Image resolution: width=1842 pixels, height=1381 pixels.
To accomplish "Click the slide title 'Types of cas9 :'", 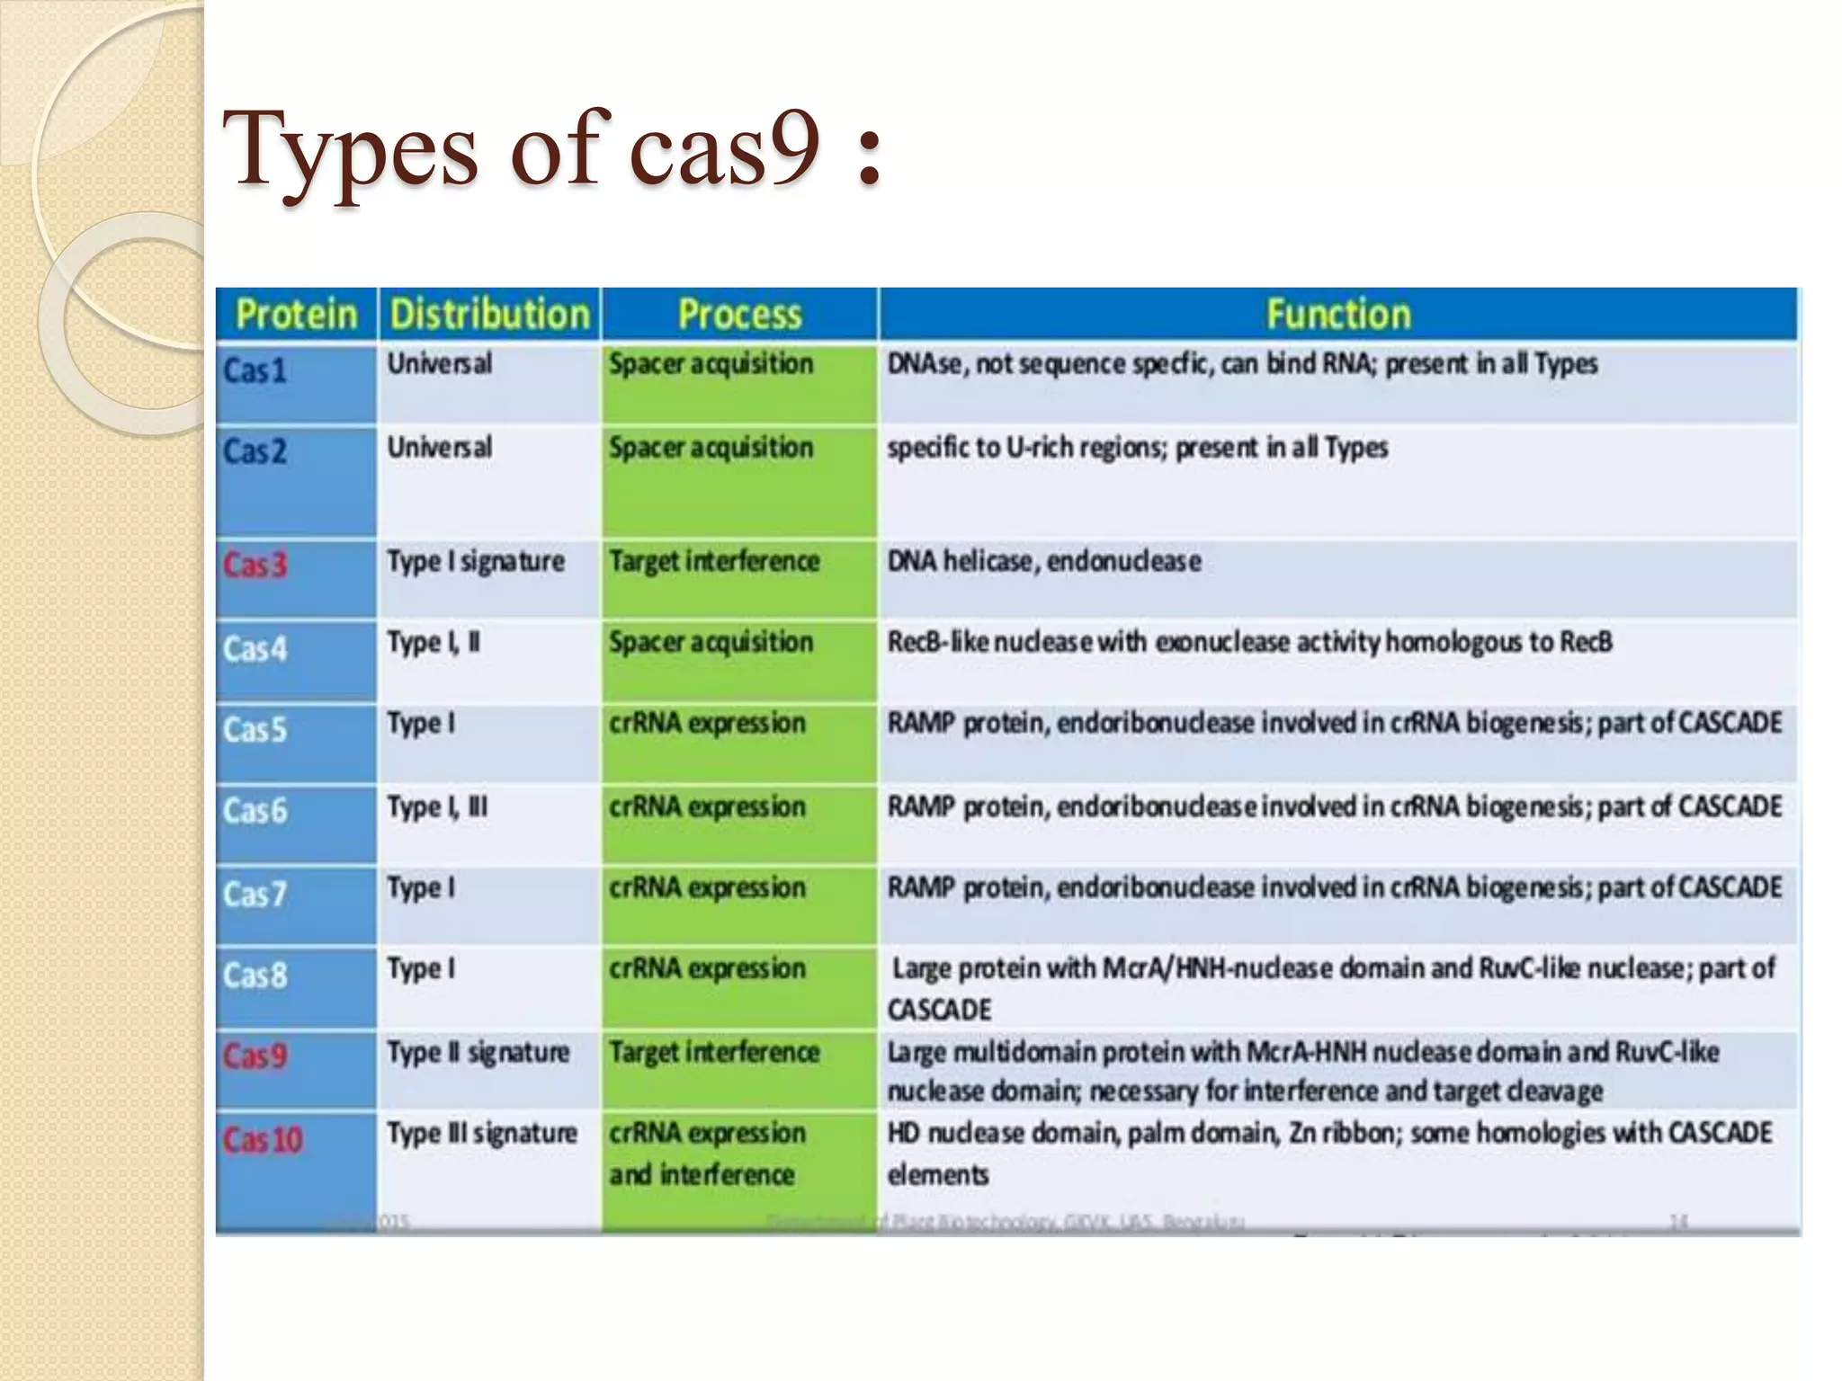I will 550,148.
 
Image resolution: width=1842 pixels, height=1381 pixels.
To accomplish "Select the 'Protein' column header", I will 296,315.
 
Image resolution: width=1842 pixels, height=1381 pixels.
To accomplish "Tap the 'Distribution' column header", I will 489,315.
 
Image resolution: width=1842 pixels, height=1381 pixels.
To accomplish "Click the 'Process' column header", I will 739,315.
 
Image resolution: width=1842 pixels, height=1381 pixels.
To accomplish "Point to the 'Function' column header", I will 1338,315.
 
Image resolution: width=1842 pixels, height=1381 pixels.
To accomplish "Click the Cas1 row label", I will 255,370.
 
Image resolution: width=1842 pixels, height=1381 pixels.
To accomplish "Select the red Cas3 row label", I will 255,565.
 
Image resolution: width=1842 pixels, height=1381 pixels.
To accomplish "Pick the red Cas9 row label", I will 255,1055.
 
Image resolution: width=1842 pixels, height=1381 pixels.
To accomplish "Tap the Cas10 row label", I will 263,1139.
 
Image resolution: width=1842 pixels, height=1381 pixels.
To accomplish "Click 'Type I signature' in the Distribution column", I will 476,562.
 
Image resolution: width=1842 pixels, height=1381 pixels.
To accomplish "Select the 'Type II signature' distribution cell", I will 478,1052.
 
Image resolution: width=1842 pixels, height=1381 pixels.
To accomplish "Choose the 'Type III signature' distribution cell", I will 482,1133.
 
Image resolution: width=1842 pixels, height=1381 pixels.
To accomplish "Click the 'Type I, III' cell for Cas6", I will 437,806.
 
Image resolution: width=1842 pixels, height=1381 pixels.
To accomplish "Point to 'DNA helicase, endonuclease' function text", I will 1044,562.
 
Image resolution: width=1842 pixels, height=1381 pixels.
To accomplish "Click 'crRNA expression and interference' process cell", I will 707,1154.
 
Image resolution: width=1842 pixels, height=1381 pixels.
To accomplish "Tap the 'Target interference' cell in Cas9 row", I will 714,1052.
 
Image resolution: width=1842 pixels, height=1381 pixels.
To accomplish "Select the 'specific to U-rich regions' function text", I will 1137,448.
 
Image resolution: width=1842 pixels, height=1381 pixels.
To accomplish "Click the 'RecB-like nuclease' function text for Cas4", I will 1248,642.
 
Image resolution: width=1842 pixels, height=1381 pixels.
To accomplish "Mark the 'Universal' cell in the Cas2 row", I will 440,448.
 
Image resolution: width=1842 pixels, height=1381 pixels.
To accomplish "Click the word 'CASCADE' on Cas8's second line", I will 939,1010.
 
